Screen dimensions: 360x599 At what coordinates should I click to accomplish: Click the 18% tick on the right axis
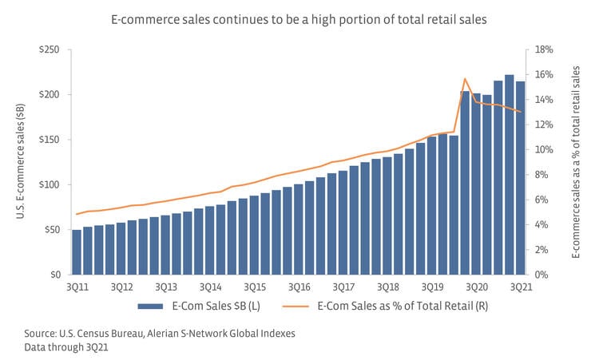[545, 50]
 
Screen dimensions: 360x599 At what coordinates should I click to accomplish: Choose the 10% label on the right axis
[545, 150]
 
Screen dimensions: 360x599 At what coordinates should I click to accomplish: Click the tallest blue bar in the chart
[509, 175]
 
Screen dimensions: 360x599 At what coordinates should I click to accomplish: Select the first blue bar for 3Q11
[77, 252]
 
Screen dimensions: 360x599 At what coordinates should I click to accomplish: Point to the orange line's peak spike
[465, 78]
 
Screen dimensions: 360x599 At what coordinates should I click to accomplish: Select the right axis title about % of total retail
[576, 163]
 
